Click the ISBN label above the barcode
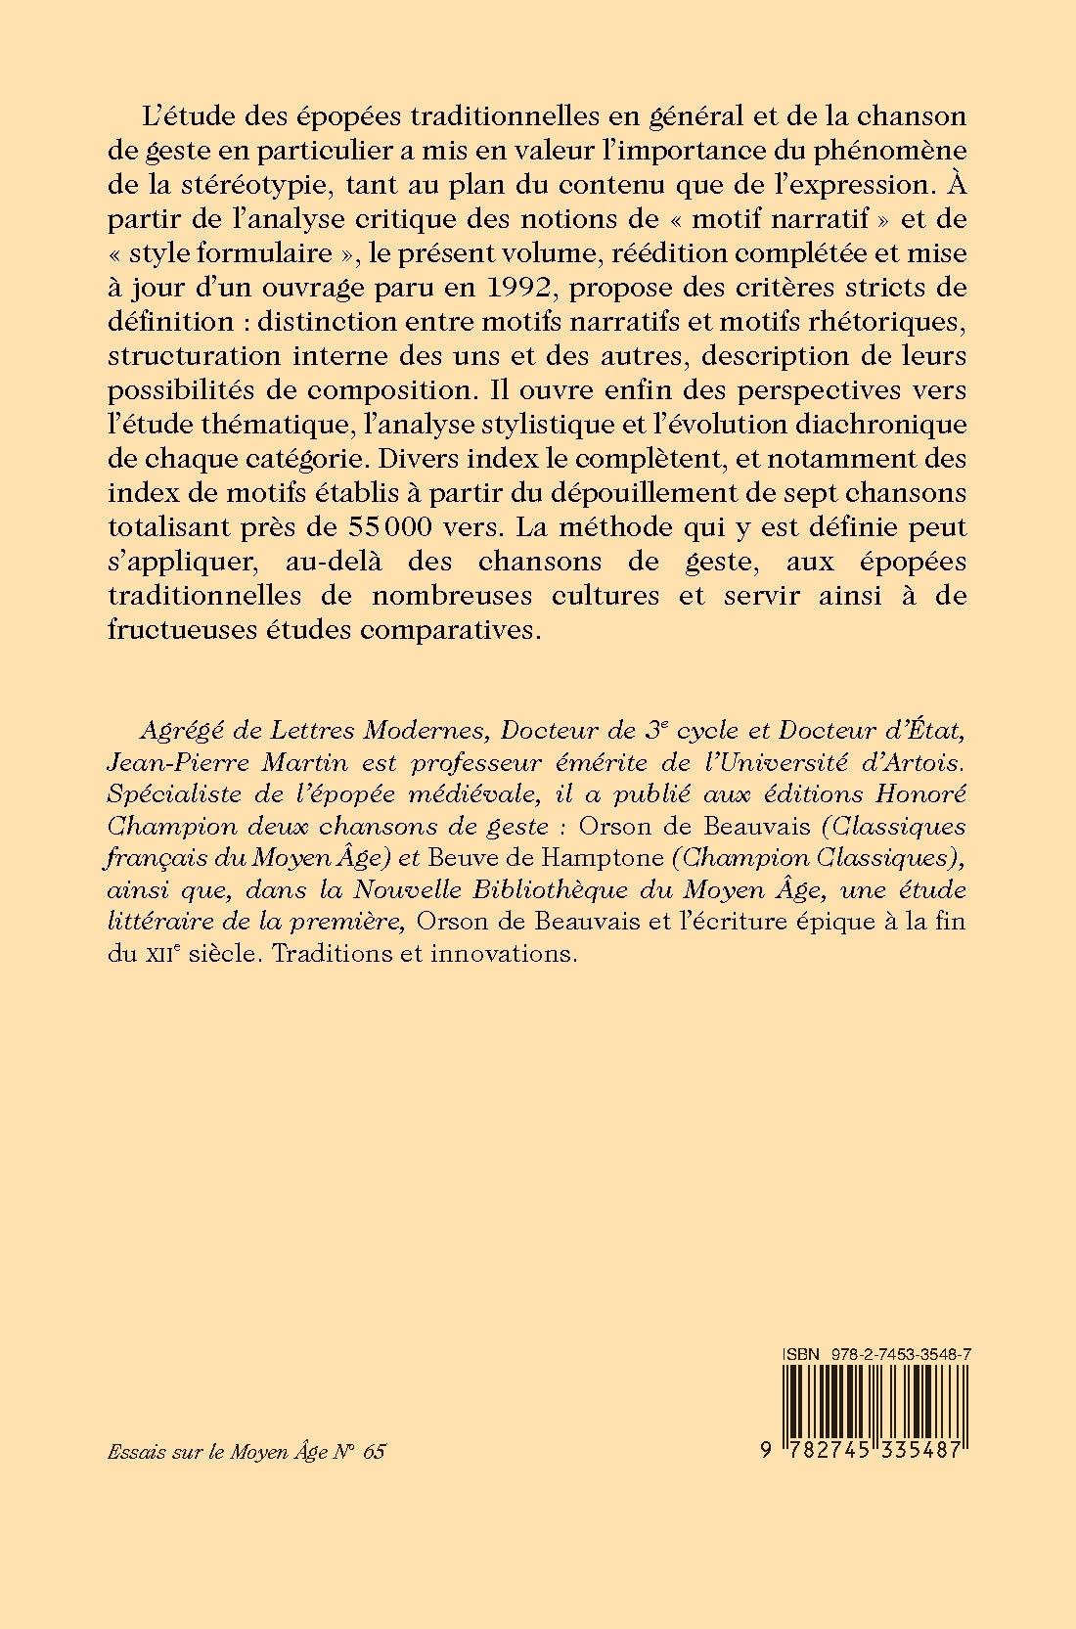(799, 1352)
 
